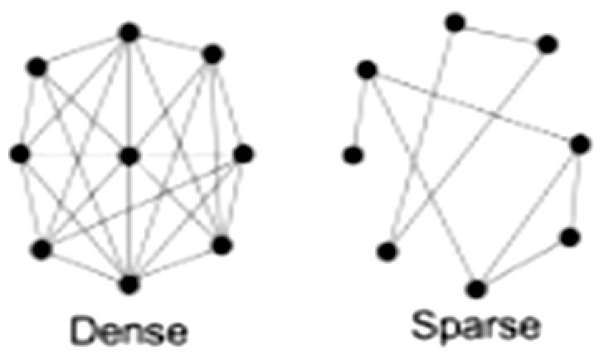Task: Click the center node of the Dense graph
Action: click(x=129, y=155)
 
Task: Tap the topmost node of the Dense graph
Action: click(x=129, y=32)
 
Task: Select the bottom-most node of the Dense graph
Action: click(x=129, y=284)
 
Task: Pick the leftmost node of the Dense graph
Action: click(x=20, y=153)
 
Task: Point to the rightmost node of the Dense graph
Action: click(x=242, y=153)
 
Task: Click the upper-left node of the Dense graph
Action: click(x=37, y=66)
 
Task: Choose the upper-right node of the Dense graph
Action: click(x=212, y=55)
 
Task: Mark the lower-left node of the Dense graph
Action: click(x=41, y=247)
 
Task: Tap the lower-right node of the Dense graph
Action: click(x=221, y=244)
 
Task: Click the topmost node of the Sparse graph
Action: click(x=454, y=22)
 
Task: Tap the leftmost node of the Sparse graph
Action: click(x=353, y=153)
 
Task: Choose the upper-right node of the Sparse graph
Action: click(x=547, y=45)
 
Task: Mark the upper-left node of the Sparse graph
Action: click(x=366, y=70)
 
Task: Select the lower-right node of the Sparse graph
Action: click(x=569, y=237)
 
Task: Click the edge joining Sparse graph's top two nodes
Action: click(x=500, y=33)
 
